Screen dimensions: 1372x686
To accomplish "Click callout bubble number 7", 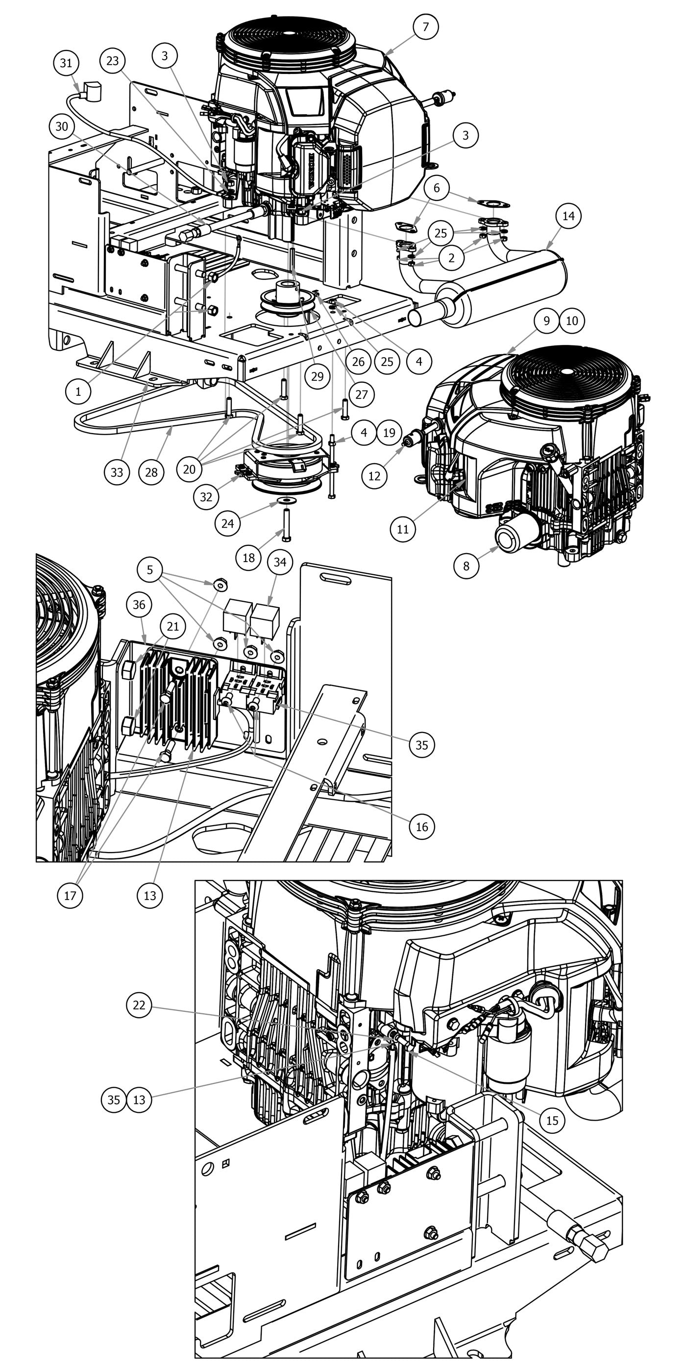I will tap(425, 26).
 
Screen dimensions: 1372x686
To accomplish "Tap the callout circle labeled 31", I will tap(66, 63).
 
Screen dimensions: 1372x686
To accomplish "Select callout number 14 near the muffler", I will tap(568, 216).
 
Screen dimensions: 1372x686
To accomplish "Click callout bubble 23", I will tap(112, 61).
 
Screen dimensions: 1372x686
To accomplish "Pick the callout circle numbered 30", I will tap(62, 127).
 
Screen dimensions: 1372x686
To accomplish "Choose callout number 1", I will tap(78, 392).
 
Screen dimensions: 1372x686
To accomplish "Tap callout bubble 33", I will tap(117, 472).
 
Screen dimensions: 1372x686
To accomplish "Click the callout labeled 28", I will tap(151, 472).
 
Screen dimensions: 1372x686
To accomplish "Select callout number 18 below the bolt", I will tap(249, 558).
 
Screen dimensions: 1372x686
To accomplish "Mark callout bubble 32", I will tap(206, 497).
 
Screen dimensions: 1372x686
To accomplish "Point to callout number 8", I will tap(466, 565).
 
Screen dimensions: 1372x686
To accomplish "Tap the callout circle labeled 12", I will tap(374, 476).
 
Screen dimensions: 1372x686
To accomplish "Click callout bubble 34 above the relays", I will tap(280, 562).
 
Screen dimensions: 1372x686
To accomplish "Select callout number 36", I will tap(139, 605).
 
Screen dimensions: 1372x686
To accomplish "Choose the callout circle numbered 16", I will tap(421, 827).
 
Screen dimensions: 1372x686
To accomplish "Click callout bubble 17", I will tap(70, 895).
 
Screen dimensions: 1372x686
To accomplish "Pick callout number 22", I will tap(139, 1005).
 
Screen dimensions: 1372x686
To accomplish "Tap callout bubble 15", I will tap(552, 1120).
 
